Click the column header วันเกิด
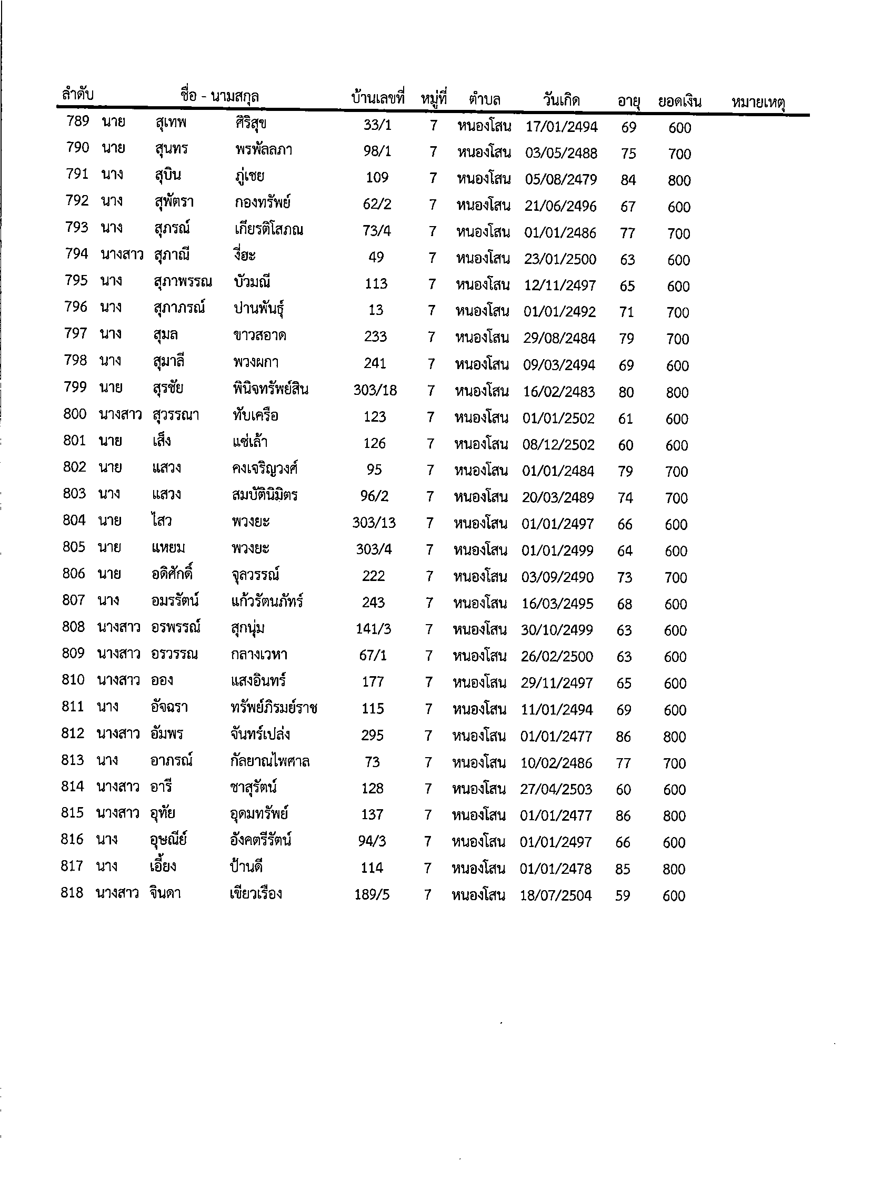pyautogui.click(x=561, y=100)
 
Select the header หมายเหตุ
pyautogui.click(x=758, y=102)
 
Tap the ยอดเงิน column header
pyautogui.click(x=679, y=101)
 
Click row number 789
pyautogui.click(x=77, y=121)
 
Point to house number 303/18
pyautogui.click(x=375, y=390)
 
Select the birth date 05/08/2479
pyautogui.click(x=560, y=180)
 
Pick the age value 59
pyautogui.click(x=623, y=895)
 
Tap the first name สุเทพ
pyautogui.click(x=171, y=123)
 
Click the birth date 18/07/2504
pyautogui.click(x=556, y=895)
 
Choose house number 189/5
pyautogui.click(x=372, y=894)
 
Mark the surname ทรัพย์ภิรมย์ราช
pyautogui.click(x=270, y=708)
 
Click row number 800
pyautogui.click(x=74, y=414)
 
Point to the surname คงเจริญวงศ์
pyautogui.click(x=265, y=468)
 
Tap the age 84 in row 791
pyautogui.click(x=628, y=180)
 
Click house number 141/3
pyautogui.click(x=373, y=629)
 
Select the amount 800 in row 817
pyautogui.click(x=674, y=869)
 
